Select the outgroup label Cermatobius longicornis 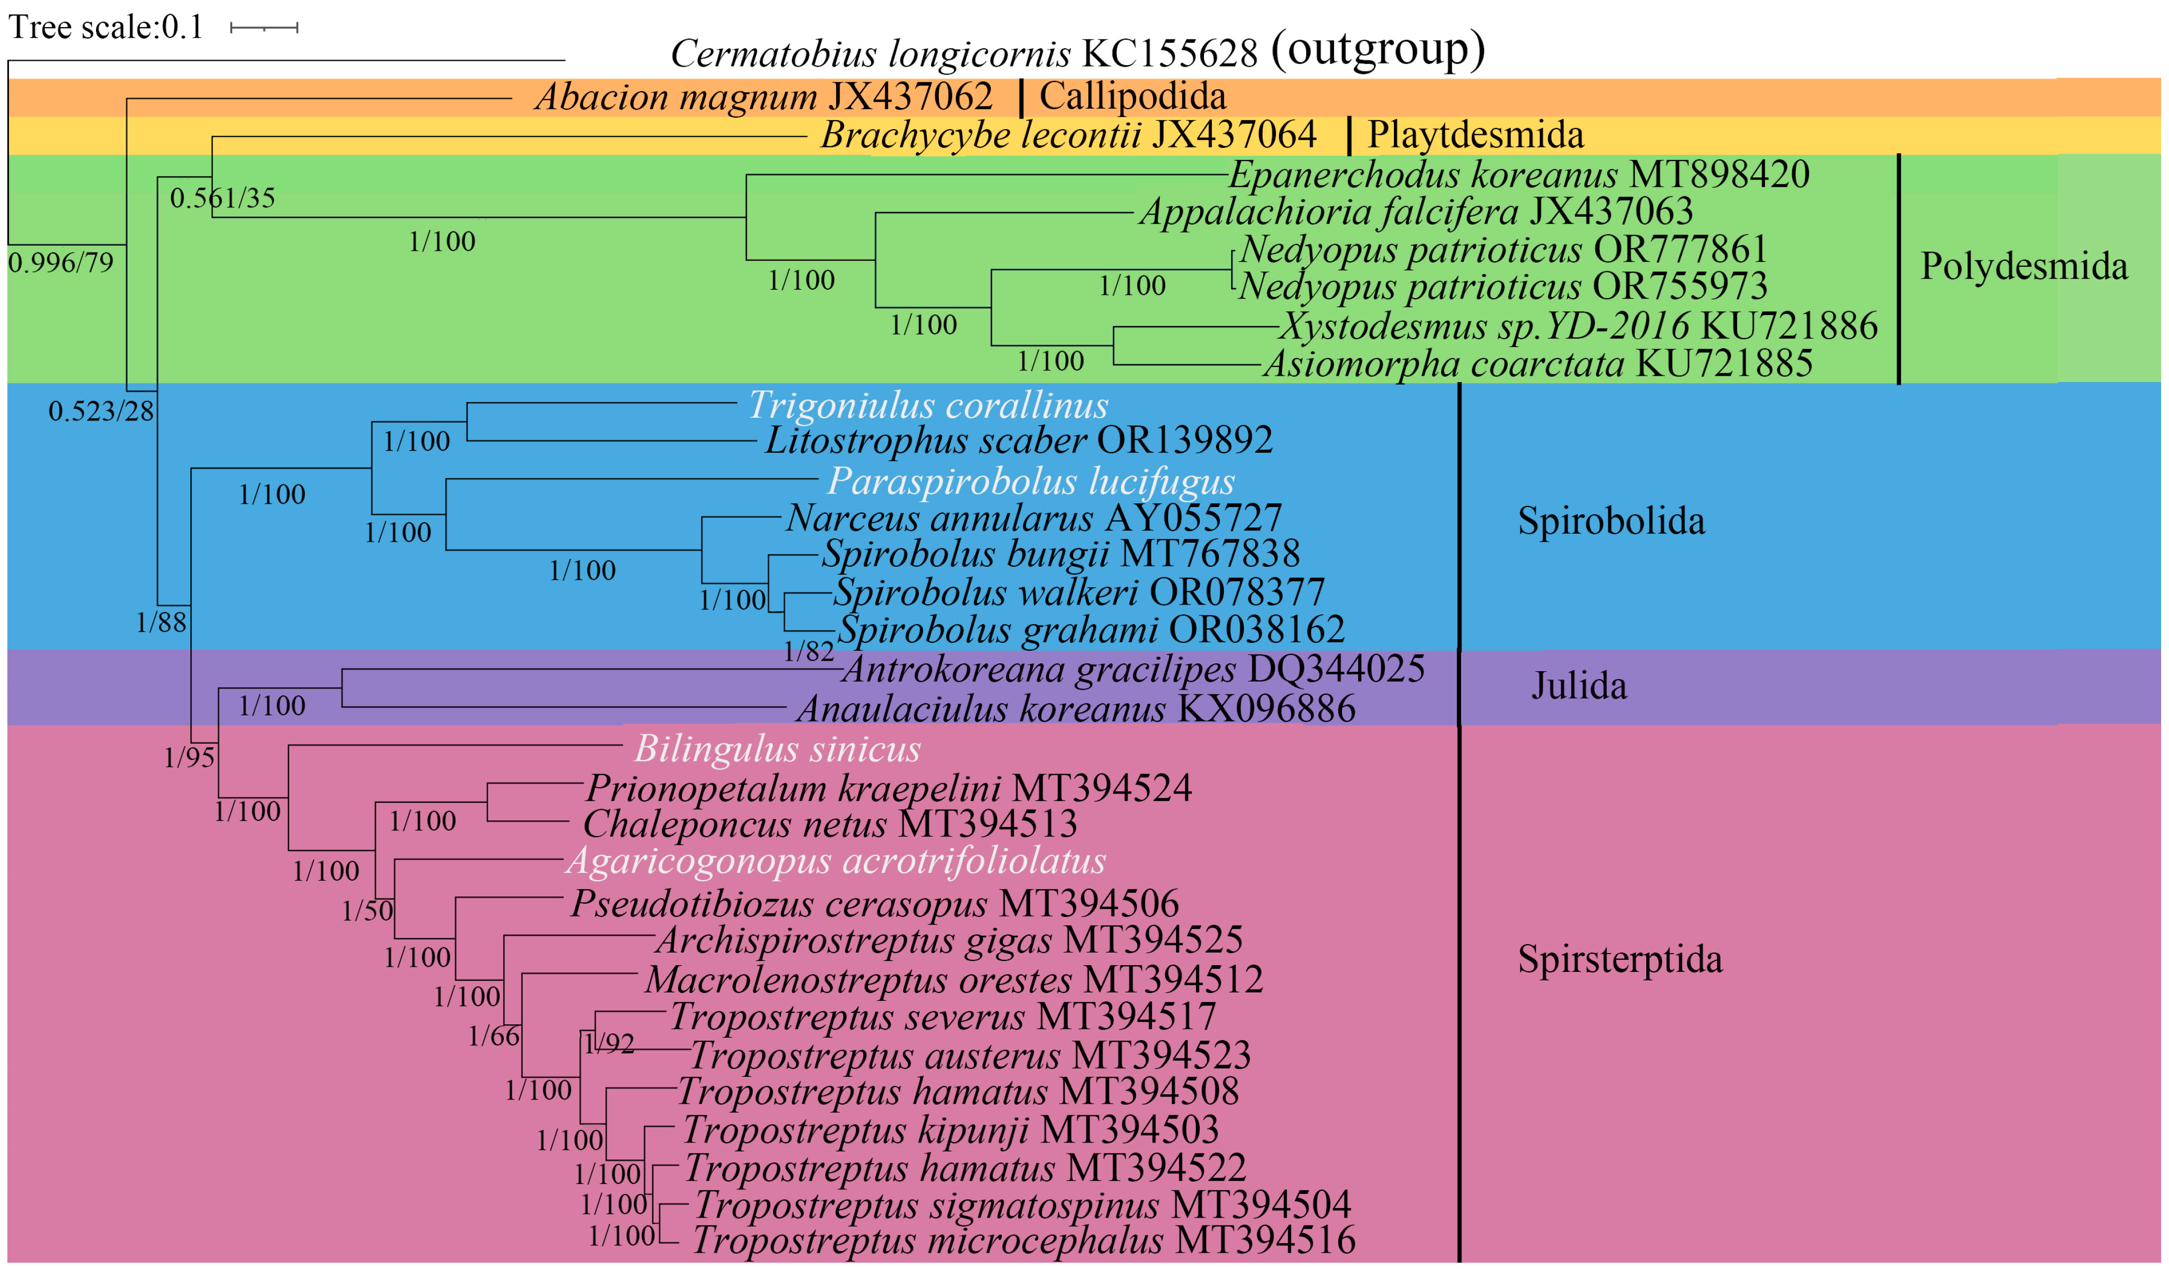[869, 54]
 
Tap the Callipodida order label [1132, 97]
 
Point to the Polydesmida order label [2023, 267]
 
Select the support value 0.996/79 [60, 262]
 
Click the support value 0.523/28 [101, 411]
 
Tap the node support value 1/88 [161, 622]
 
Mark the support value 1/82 [808, 652]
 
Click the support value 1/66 [493, 1037]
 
